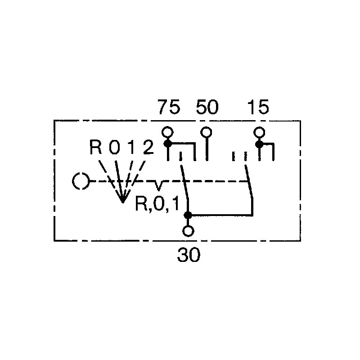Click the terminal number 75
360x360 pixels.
coord(169,107)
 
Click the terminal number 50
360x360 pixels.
coord(207,107)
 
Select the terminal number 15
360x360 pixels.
coord(258,107)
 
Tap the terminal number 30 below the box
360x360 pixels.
coord(189,255)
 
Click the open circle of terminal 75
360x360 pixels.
coord(167,132)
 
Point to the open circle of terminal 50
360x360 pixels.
coord(206,132)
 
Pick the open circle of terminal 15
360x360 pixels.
coord(260,132)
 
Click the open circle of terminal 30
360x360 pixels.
coord(188,231)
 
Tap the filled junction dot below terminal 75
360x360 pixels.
coord(167,144)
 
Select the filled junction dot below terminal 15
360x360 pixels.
coord(260,144)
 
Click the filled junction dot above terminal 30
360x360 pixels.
coord(188,216)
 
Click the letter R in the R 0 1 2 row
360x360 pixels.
coord(96,147)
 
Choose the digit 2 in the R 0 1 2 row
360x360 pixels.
coord(148,147)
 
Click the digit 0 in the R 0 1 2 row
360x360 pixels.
coord(114,147)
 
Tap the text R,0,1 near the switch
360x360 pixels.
coord(157,203)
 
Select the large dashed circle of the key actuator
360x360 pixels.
coord(81,181)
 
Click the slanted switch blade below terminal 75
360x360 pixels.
coord(184,181)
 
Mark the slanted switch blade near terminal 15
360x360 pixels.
coord(249,181)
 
